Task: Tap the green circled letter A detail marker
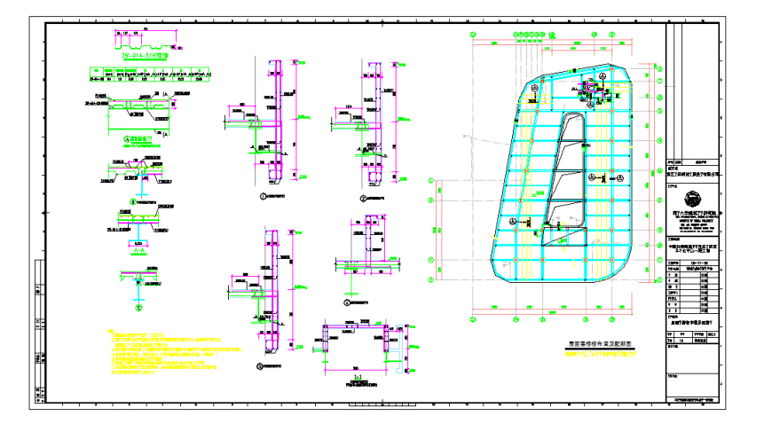coord(126,138)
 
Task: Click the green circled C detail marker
coord(138,308)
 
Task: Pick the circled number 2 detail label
coord(362,197)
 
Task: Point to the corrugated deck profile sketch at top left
coord(142,39)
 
